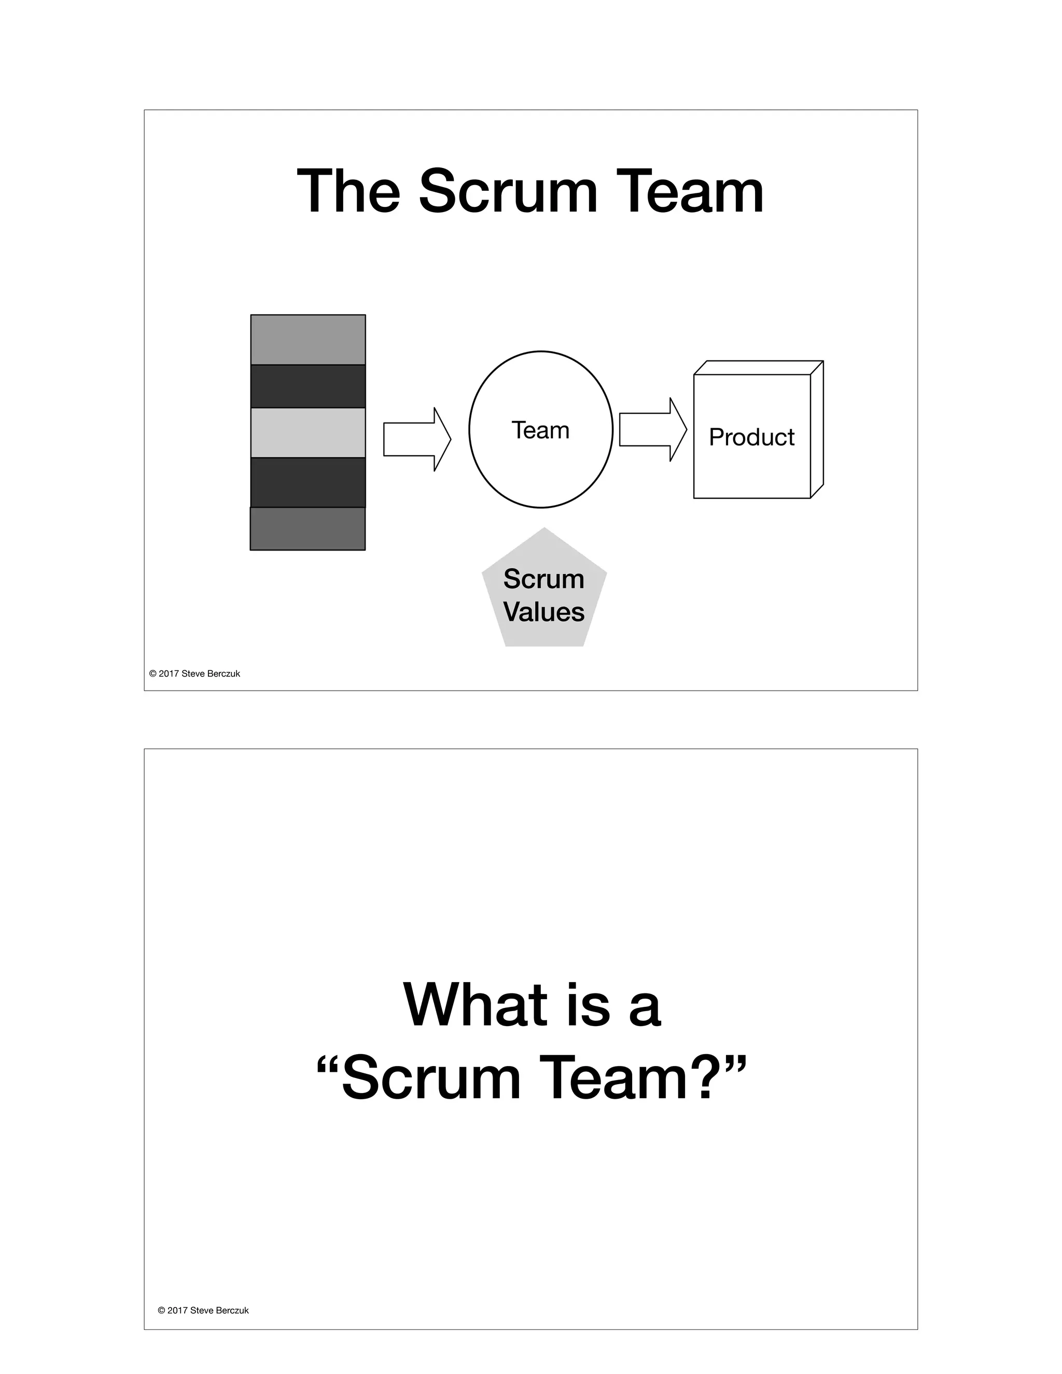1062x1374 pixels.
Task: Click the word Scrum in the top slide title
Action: click(508, 191)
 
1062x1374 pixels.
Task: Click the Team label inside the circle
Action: click(540, 430)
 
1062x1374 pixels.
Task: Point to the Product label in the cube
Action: click(751, 437)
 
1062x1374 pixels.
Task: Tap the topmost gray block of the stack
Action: click(308, 340)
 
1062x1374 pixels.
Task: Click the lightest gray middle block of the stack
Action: click(308, 433)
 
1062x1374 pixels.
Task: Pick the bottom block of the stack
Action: click(308, 528)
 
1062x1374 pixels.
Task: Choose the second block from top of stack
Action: click(308, 386)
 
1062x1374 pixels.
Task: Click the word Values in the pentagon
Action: click(543, 612)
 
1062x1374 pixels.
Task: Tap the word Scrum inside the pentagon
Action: click(543, 579)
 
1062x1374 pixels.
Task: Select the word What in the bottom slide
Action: click(475, 1005)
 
